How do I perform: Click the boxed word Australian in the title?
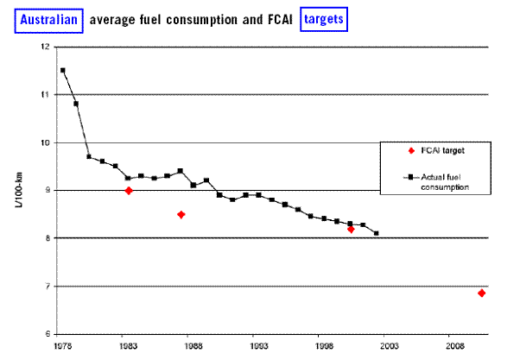[51, 18]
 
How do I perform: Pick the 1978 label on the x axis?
[61, 346]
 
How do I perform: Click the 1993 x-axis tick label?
[256, 346]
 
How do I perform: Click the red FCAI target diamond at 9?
[128, 190]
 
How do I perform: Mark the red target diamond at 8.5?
[181, 214]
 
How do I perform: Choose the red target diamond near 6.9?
[481, 294]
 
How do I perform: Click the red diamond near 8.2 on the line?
[351, 229]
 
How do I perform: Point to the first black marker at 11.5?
[63, 71]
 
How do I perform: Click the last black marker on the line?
[377, 233]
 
